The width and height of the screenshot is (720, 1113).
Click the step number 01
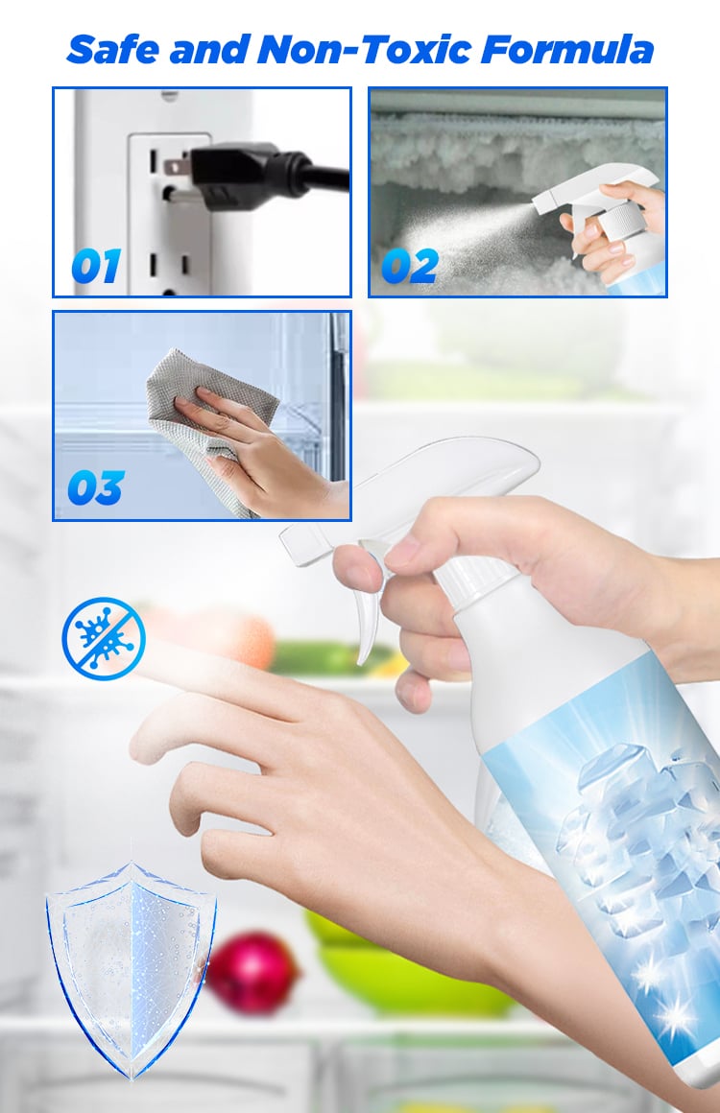point(96,266)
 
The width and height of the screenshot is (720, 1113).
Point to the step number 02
point(410,266)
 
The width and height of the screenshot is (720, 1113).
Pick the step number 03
point(96,488)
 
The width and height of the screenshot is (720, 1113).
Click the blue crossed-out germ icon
point(104,638)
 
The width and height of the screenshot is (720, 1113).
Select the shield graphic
point(132,969)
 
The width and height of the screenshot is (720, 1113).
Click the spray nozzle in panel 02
point(543,203)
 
